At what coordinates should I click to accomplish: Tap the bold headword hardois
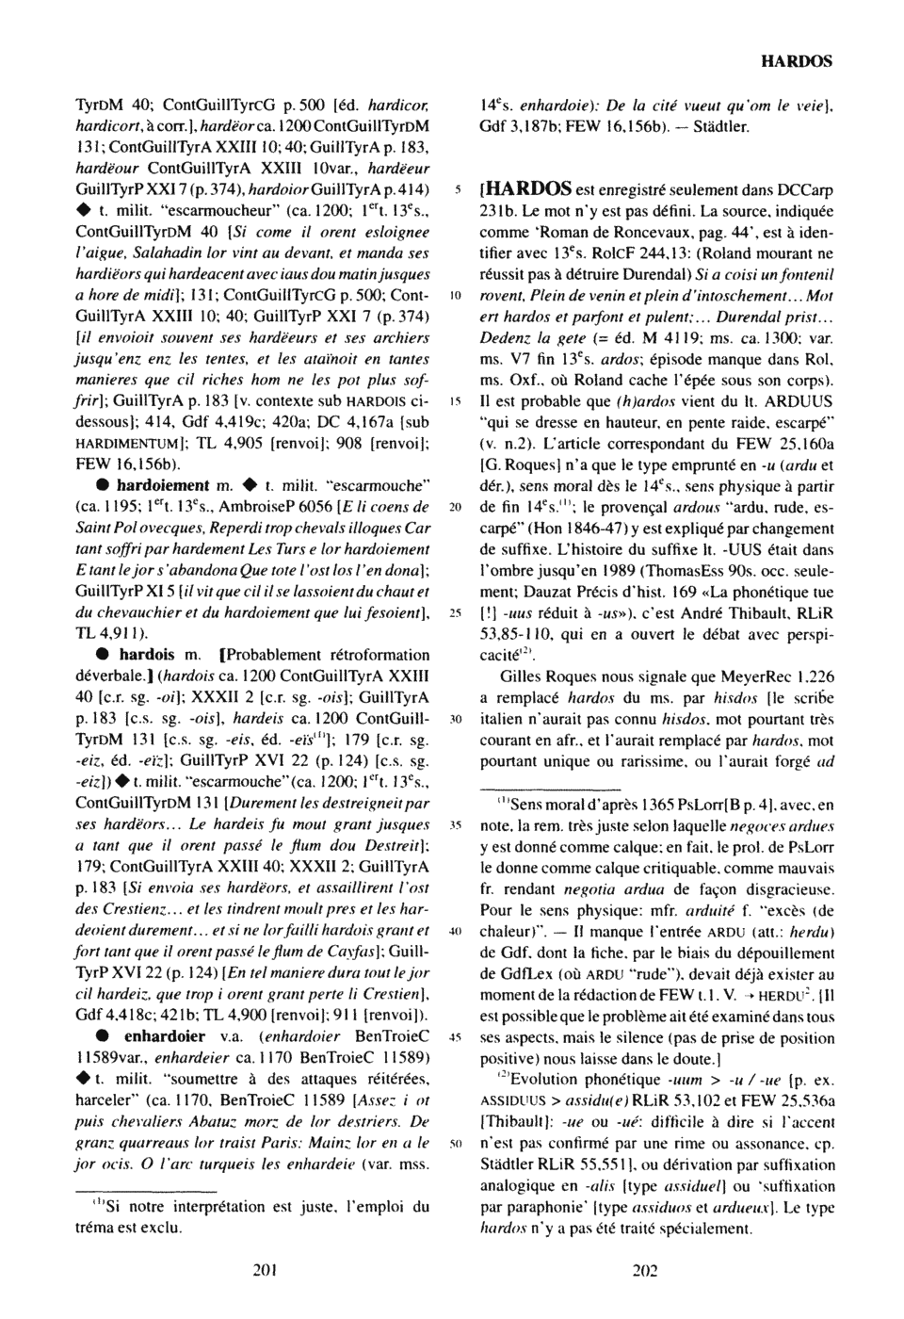pyautogui.click(x=146, y=655)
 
